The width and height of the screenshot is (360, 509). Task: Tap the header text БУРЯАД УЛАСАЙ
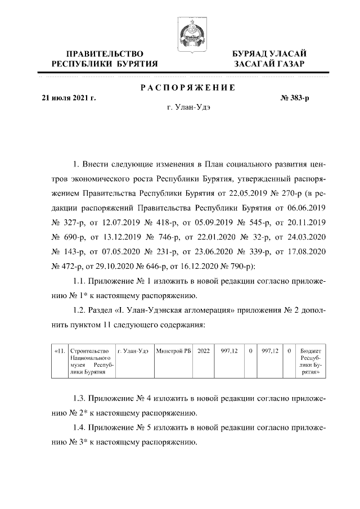click(x=269, y=53)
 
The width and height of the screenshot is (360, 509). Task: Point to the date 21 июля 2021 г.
click(x=69, y=98)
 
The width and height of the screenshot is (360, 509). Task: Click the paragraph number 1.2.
click(x=80, y=310)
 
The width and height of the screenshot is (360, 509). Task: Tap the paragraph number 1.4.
click(x=80, y=427)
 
